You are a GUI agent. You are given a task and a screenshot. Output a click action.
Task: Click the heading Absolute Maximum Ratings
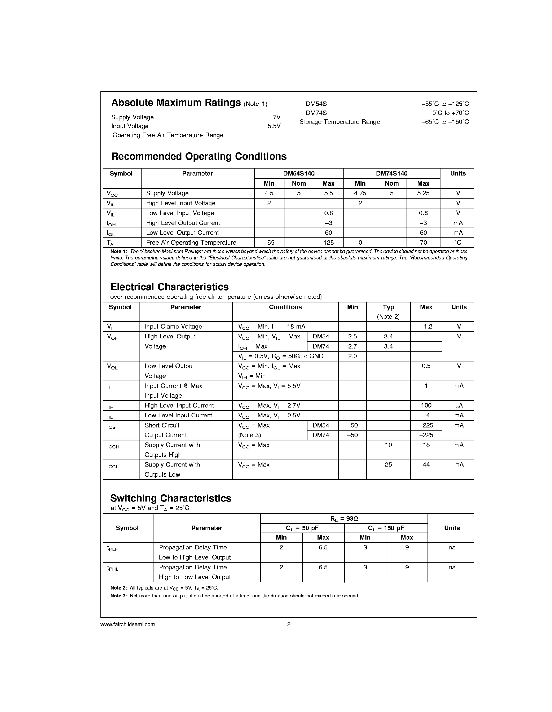click(x=176, y=103)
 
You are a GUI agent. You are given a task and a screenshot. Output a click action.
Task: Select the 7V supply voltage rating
click(x=276, y=117)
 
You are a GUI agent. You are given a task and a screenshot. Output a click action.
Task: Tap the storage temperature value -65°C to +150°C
click(x=445, y=122)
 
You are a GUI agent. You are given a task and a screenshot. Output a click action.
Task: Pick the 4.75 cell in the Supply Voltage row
click(x=360, y=193)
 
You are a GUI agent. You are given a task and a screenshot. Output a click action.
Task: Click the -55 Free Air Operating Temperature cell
click(x=269, y=243)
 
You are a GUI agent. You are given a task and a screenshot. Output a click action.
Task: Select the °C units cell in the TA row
click(x=458, y=243)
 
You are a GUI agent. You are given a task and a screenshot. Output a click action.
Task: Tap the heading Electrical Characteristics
click(x=170, y=287)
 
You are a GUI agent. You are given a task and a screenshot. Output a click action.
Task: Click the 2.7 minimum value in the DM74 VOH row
click(x=352, y=346)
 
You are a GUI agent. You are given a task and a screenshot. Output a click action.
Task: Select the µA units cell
click(x=459, y=405)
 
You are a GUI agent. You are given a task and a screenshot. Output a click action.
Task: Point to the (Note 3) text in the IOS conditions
click(x=249, y=435)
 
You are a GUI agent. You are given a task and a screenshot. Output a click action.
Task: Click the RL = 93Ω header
click(x=344, y=519)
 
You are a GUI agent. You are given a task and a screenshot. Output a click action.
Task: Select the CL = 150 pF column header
click(x=386, y=528)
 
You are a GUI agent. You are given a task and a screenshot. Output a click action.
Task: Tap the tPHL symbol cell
click(x=113, y=568)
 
